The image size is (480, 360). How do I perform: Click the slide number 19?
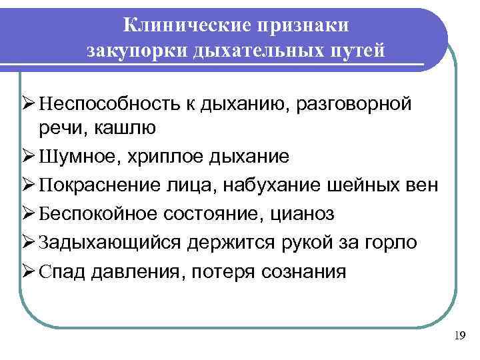click(459, 335)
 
